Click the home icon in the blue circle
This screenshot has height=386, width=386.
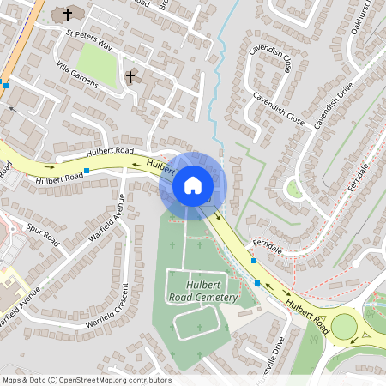pos(193,185)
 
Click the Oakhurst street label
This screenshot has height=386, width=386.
pos(371,17)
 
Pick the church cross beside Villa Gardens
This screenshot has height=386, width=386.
pos(130,77)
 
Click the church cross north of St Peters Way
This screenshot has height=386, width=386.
pos(67,15)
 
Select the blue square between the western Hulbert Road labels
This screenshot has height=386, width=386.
pos(87,172)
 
